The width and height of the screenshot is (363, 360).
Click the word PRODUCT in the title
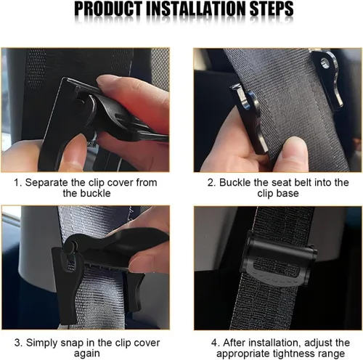pos(108,9)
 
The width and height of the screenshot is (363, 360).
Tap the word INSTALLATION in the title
pos(196,9)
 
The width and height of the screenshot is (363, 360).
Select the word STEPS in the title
pos(272,9)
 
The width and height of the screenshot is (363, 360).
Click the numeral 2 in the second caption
pos(211,183)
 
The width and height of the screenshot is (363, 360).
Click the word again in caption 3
pos(87,353)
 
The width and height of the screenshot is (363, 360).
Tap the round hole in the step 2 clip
pos(324,63)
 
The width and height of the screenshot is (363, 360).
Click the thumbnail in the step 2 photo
pos(293,145)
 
